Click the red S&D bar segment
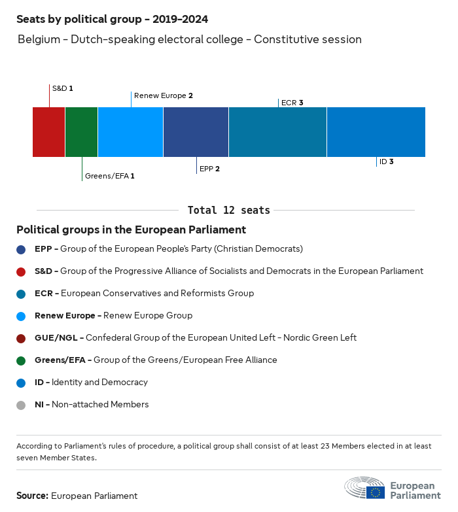pyautogui.click(x=49, y=132)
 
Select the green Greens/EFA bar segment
pyautogui.click(x=82, y=132)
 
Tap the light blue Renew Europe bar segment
pyautogui.click(x=131, y=132)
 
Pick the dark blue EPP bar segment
pyautogui.click(x=196, y=132)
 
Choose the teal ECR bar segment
pyautogui.click(x=278, y=132)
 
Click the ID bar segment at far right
pyautogui.click(x=376, y=132)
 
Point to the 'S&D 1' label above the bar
pyautogui.click(x=63, y=88)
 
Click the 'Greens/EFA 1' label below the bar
pyautogui.click(x=110, y=176)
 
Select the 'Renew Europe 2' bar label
pyautogui.click(x=164, y=95)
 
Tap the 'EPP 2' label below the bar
pyautogui.click(x=209, y=169)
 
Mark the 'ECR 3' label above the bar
pyautogui.click(x=292, y=103)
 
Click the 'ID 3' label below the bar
pyautogui.click(x=386, y=162)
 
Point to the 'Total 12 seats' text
pyautogui.click(x=229, y=210)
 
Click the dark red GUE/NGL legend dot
pyautogui.click(x=22, y=338)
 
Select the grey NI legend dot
pyautogui.click(x=22, y=405)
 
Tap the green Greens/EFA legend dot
pyautogui.click(x=22, y=360)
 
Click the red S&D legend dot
pyautogui.click(x=22, y=271)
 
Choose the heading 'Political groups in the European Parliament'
pyautogui.click(x=132, y=230)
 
